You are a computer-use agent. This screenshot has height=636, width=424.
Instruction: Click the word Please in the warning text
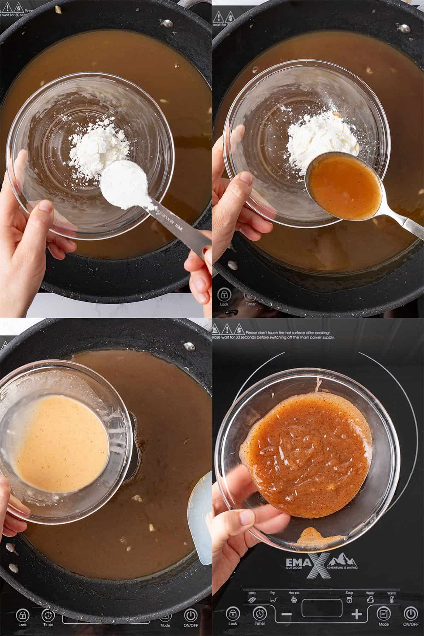pyautogui.click(x=254, y=333)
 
